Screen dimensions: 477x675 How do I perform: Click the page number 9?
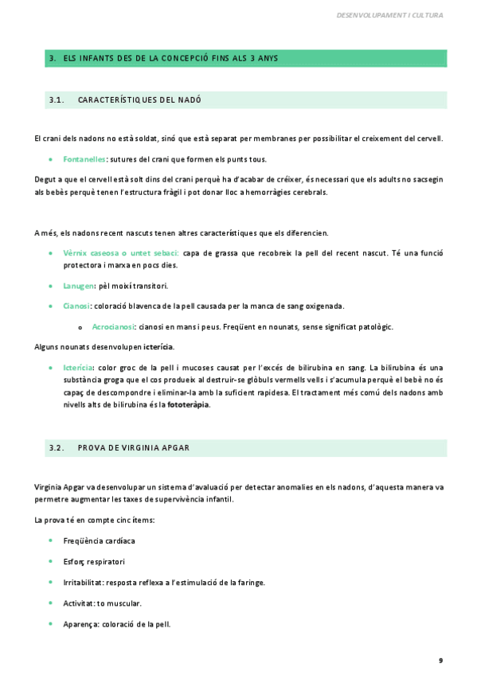(x=440, y=660)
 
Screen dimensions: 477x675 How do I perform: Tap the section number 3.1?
(x=56, y=99)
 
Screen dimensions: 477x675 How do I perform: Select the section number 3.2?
(x=56, y=447)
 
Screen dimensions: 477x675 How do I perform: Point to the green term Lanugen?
(x=79, y=286)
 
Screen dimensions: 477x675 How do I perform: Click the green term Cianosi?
(x=76, y=306)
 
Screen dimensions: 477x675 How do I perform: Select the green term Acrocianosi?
(x=112, y=326)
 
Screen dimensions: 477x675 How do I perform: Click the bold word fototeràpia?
(x=188, y=404)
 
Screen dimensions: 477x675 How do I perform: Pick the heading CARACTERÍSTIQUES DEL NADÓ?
(x=139, y=99)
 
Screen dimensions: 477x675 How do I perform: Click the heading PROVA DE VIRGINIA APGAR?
(x=133, y=447)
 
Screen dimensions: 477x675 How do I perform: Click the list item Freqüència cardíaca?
(x=99, y=541)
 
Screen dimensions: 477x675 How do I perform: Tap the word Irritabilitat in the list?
(x=82, y=583)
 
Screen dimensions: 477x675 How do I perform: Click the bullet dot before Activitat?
(x=51, y=603)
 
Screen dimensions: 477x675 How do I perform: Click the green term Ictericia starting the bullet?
(x=78, y=368)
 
